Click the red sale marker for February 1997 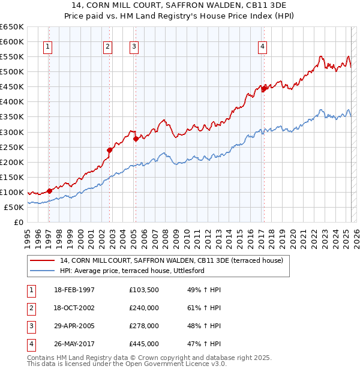click(x=49, y=191)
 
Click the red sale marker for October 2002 click(x=110, y=150)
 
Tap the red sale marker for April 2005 click(x=136, y=139)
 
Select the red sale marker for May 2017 click(x=263, y=88)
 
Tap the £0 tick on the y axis click(x=19, y=222)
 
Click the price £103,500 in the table click(x=144, y=290)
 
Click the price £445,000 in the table click(x=144, y=344)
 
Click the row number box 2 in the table click(x=30, y=308)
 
